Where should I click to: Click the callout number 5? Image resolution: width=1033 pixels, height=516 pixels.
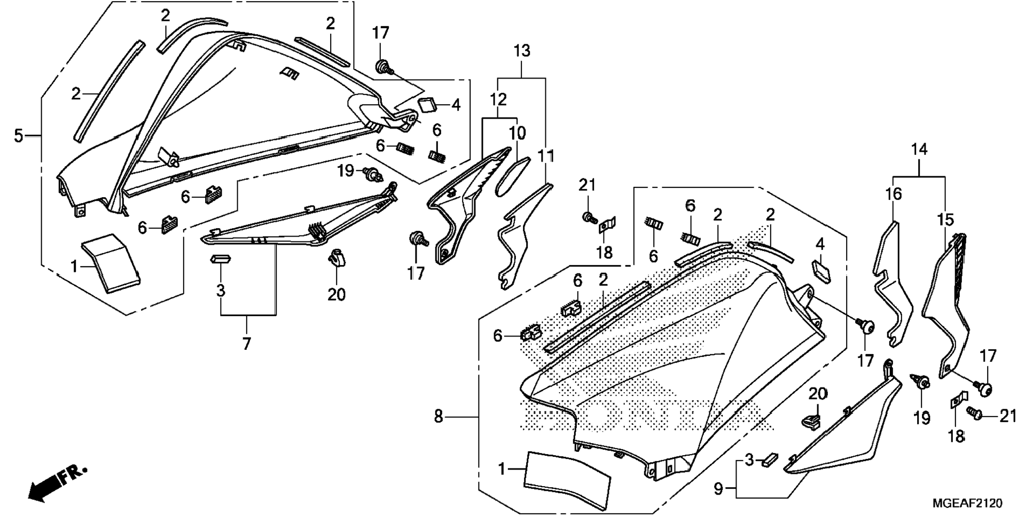(x=19, y=136)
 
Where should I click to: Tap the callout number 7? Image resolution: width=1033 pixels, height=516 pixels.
(x=246, y=344)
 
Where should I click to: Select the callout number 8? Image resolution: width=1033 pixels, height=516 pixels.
(x=439, y=416)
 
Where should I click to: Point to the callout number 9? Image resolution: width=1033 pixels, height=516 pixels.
(x=718, y=488)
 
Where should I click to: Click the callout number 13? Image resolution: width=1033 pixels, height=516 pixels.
(x=522, y=51)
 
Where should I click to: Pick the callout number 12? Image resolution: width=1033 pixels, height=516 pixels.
(x=498, y=99)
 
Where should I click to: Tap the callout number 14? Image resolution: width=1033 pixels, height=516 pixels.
(x=919, y=150)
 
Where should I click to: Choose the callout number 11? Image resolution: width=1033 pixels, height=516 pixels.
(x=546, y=156)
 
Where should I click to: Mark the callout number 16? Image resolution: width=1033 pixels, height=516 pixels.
(x=893, y=194)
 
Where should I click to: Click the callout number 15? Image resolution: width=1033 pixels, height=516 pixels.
(x=944, y=220)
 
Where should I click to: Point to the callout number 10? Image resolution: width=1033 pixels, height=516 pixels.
(x=517, y=132)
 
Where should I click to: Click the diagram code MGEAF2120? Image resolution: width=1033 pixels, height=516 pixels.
(x=967, y=503)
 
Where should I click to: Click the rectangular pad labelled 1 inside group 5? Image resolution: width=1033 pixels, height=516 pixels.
(x=111, y=263)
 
